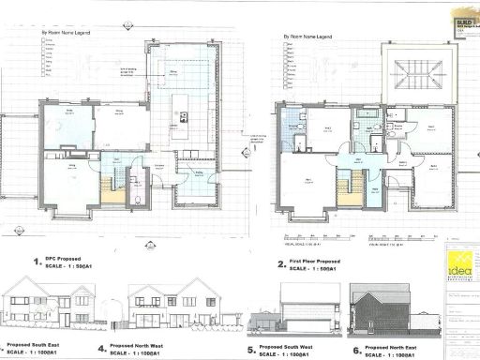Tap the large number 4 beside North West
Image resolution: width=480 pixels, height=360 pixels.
101,349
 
